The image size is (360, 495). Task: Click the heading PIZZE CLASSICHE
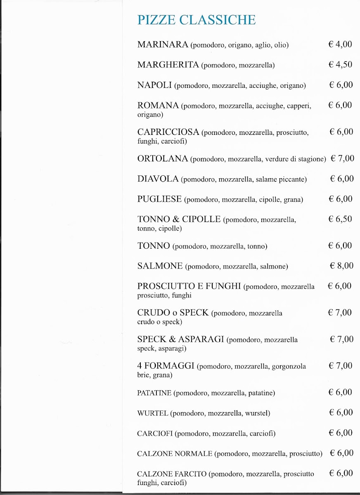coord(196,20)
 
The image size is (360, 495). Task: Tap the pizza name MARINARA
coord(163,45)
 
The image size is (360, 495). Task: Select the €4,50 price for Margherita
coord(340,64)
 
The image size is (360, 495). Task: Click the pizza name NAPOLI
coord(154,85)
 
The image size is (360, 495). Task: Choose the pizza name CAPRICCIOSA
coord(168,132)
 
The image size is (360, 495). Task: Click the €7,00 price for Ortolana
coord(342,158)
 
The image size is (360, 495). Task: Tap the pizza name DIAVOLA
coord(158,179)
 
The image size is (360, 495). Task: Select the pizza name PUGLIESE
coord(159,199)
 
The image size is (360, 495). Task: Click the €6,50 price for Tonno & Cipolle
coord(340,219)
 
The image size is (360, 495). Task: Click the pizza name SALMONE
coord(160,266)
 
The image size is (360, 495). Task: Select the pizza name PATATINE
coord(154,393)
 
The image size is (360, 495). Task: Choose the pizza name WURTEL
coord(152,413)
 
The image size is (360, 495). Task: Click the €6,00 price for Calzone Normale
coord(341,453)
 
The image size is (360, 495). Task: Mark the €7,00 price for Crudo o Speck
coord(340,313)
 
